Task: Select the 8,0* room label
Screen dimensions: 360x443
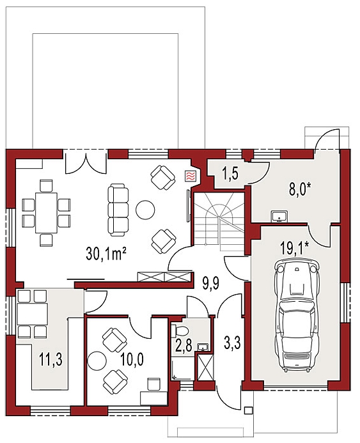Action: [x=299, y=189]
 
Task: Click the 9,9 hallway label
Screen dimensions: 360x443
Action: [x=211, y=284]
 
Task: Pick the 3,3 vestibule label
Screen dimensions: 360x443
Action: [x=233, y=343]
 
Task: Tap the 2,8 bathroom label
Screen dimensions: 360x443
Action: [x=184, y=345]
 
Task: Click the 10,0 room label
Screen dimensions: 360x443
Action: [x=132, y=359]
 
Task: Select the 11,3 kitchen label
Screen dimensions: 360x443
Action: [x=51, y=361]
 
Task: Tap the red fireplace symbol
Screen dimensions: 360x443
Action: [x=189, y=176]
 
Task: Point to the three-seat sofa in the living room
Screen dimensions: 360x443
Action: [x=118, y=210]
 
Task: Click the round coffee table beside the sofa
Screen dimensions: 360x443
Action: [x=145, y=210]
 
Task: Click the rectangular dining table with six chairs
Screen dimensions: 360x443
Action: [x=46, y=213]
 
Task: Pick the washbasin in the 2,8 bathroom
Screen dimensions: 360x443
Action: [x=203, y=347]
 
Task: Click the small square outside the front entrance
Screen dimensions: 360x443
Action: [x=248, y=410]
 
